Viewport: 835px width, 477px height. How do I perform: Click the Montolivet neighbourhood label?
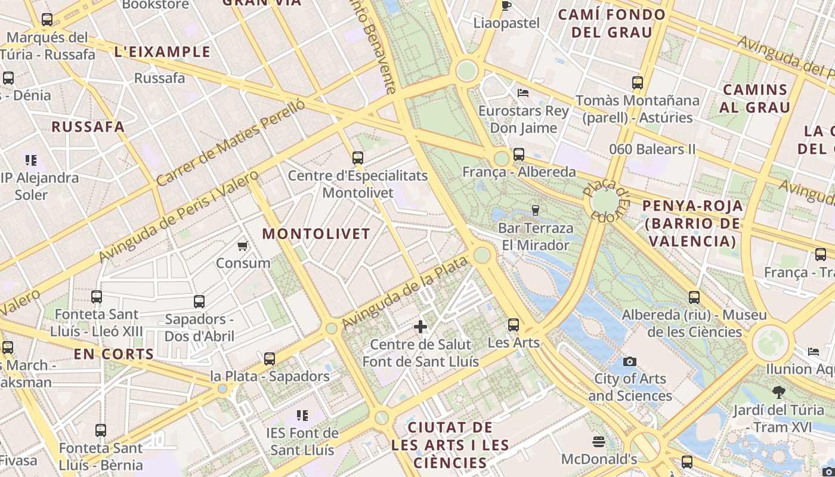coord(316,234)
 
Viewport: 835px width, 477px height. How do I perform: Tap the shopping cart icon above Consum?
coord(243,246)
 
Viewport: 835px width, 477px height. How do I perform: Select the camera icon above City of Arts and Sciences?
coord(629,361)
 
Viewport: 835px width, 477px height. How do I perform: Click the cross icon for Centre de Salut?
coord(420,327)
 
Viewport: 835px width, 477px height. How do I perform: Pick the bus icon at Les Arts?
coord(514,325)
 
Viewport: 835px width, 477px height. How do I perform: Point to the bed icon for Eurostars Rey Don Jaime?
coord(523,92)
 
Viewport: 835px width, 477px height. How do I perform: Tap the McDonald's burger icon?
coord(599,442)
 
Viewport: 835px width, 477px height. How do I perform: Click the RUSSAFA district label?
coord(88,126)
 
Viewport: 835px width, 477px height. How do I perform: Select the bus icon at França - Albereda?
coord(519,154)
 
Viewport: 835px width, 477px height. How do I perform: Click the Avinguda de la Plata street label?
coord(404,292)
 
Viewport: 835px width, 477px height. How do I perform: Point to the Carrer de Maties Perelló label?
coord(231,143)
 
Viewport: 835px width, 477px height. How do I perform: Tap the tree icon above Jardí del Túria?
coord(778,392)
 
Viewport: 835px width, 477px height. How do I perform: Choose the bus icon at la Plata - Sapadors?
coord(270,359)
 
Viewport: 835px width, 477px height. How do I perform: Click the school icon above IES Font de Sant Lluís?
coord(302,415)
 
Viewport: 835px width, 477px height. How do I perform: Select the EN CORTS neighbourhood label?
coord(114,354)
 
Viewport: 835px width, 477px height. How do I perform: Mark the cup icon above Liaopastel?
coord(506,6)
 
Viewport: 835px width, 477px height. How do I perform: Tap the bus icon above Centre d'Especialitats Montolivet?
coord(357,158)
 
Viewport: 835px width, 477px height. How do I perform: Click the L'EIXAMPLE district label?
coord(162,52)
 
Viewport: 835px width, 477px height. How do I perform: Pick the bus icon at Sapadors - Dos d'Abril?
coord(199,302)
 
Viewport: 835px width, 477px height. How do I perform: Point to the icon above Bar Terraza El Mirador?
coord(535,210)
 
